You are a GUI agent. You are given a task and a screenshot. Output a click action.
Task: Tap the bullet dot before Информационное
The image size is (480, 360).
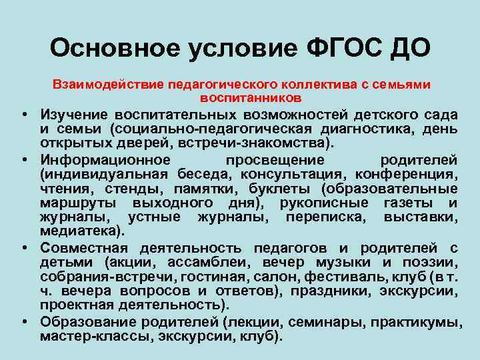[x=23, y=161]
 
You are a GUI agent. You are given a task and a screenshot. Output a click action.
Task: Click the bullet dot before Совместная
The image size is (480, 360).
[x=23, y=247]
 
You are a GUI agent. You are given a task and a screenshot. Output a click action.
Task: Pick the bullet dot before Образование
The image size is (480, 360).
[x=23, y=322]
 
